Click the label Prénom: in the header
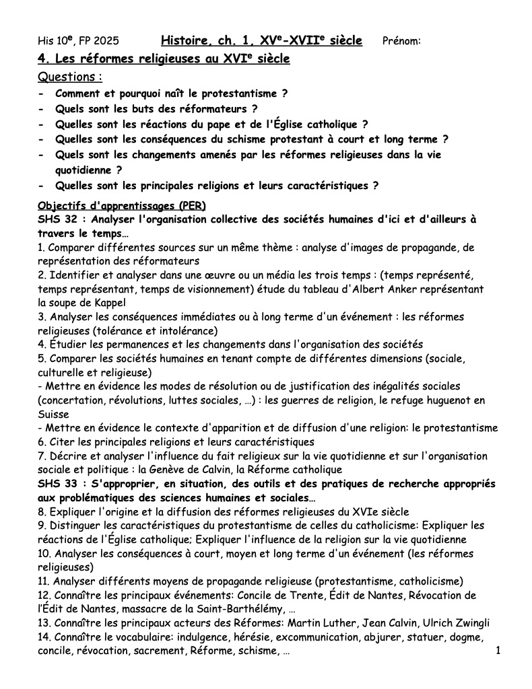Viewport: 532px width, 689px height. (401, 41)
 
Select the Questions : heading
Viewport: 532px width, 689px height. (71, 77)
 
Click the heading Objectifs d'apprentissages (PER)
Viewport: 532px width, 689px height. (122, 205)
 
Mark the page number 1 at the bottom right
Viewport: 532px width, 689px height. (498, 651)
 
